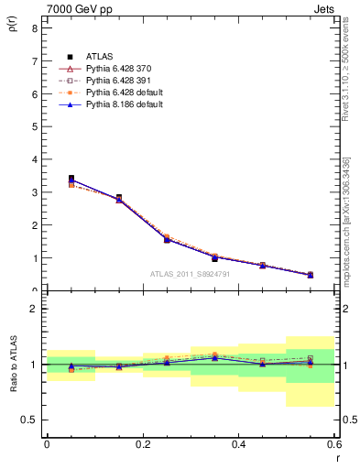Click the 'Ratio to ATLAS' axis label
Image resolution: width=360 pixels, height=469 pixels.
(12, 364)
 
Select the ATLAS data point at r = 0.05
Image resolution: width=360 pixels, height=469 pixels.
(71, 179)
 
